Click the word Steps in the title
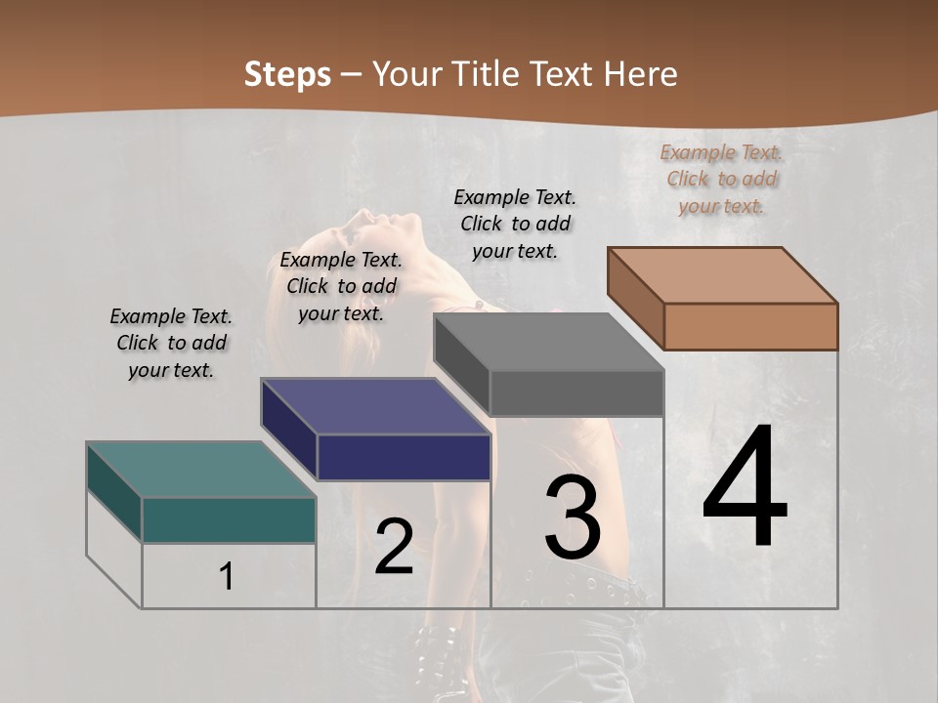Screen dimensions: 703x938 coord(287,75)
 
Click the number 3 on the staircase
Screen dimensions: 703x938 coord(573,518)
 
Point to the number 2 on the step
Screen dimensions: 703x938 coord(395,546)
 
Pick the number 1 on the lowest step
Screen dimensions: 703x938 coord(227,577)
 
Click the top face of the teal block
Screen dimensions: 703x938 coord(201,470)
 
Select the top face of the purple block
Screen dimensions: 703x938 coord(375,405)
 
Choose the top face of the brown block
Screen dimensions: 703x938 coord(723,274)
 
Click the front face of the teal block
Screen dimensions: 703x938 coord(229,519)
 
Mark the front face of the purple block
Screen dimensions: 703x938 coord(404,457)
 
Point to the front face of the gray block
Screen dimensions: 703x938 coord(576,393)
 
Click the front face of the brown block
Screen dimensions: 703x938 coord(750,326)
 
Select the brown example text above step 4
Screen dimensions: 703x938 coord(722,179)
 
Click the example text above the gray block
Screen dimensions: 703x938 coord(515,224)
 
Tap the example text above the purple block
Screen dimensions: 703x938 coord(341,286)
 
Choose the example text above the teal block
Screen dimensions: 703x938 coord(171,343)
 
